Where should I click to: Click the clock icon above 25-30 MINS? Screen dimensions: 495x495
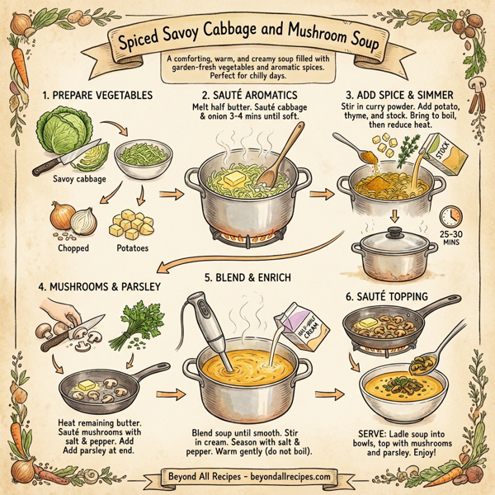450,217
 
